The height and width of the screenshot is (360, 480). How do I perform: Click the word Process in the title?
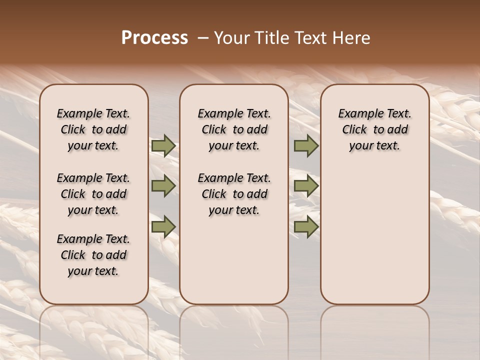pos(154,38)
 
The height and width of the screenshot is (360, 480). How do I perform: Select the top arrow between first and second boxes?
pos(163,145)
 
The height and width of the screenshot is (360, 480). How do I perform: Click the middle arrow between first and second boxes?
pos(163,186)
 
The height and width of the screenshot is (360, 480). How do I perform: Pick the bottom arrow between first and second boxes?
pos(163,226)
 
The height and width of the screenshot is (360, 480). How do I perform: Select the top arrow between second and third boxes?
pos(306,145)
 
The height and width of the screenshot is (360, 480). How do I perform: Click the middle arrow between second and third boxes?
pos(306,186)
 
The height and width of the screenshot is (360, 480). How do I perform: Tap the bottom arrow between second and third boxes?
pos(306,226)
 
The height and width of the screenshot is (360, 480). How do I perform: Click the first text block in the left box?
pos(93,129)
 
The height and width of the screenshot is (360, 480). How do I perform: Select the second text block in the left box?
pos(93,194)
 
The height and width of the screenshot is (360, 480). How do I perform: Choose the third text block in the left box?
pos(93,255)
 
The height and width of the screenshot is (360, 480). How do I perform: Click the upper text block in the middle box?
pos(234,129)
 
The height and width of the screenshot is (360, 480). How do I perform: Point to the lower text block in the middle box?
pos(234,194)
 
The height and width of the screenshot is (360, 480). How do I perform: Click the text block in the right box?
pos(374,129)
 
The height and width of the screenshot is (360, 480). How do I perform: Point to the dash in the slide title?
pos(203,38)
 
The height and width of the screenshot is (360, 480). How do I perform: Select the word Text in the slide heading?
pos(308,38)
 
